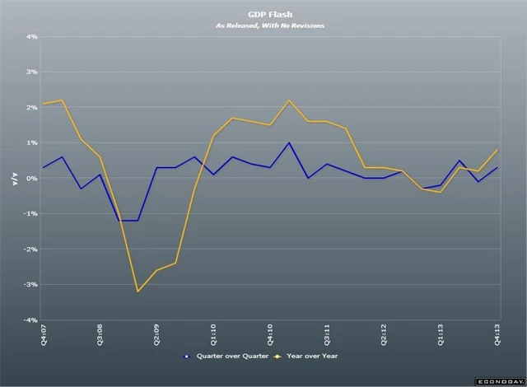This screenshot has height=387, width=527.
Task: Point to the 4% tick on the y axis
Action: pos(32,37)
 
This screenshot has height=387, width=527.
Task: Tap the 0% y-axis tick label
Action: pos(32,179)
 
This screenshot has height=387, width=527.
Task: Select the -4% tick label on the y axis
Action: pos(30,320)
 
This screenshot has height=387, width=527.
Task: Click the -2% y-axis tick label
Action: pos(30,249)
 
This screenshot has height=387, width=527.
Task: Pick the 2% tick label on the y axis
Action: pos(32,108)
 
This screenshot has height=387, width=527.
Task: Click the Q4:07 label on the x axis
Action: pos(44,335)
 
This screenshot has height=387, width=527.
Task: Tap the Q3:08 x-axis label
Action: pos(100,335)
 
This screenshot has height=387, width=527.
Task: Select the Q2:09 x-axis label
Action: pos(157,335)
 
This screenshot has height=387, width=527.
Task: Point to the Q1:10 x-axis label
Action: pos(214,335)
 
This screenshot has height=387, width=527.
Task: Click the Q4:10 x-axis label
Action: pos(271,335)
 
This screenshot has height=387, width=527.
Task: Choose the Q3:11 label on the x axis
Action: pos(328,335)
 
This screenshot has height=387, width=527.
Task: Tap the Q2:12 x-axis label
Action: pos(385,335)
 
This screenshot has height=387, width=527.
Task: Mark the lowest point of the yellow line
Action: pos(138,291)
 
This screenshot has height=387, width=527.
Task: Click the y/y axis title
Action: pos(14,179)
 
